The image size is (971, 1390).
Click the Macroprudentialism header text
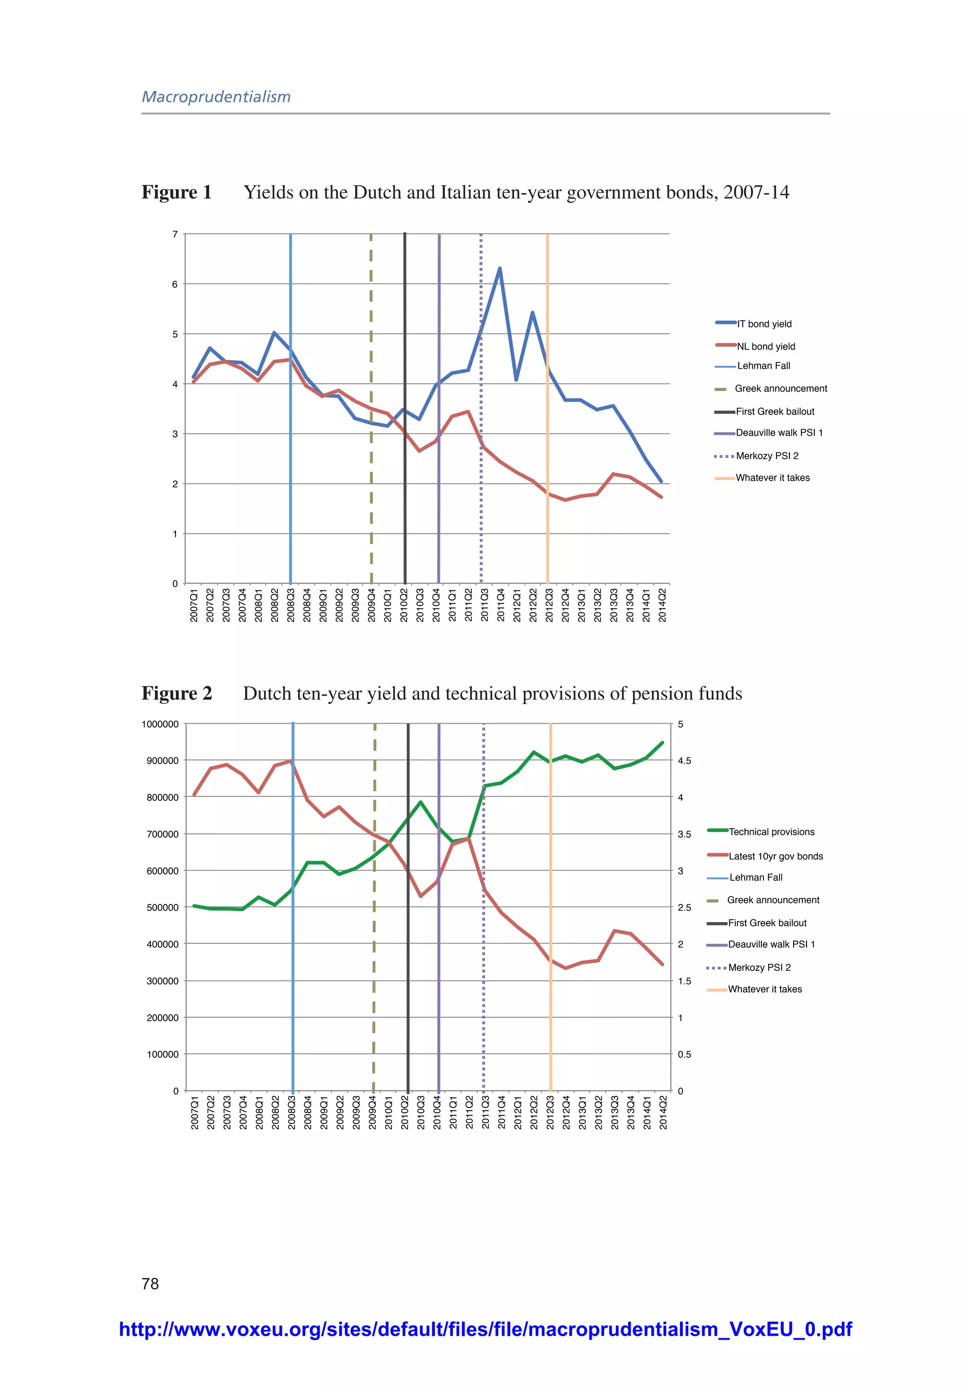coord(216,97)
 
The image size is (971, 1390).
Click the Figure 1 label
coord(177,193)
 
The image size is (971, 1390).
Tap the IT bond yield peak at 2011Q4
coord(500,268)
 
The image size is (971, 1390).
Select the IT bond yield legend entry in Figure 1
coord(763,324)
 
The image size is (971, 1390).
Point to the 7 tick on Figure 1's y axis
coord(175,234)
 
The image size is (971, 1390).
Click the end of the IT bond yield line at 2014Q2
coord(661,481)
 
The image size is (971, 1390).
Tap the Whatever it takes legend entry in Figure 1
coord(772,478)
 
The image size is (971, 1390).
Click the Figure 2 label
coord(177,694)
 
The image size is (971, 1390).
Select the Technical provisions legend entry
coord(771,832)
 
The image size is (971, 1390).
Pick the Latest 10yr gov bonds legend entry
coord(775,856)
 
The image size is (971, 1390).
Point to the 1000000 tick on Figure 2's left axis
coord(160,725)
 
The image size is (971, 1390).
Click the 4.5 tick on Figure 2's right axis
coord(684,761)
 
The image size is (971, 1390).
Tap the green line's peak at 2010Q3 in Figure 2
coord(421,802)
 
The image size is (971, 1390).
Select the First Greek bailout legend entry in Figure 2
coord(767,923)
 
